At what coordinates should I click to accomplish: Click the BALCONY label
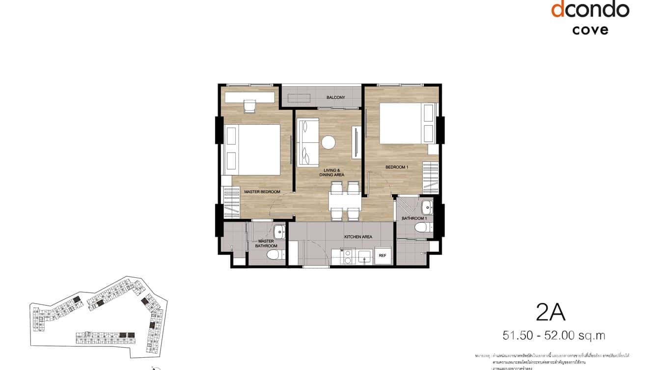[x=336, y=98]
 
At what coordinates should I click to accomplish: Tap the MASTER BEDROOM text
[x=262, y=191]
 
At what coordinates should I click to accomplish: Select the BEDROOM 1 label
[x=397, y=167]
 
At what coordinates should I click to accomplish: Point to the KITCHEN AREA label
[x=358, y=237]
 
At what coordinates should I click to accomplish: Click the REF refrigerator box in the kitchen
[x=382, y=256]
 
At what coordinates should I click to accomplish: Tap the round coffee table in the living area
[x=328, y=142]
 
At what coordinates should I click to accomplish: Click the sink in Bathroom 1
[x=426, y=205]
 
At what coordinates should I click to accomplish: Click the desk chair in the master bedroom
[x=250, y=106]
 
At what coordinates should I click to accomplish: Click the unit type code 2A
[x=550, y=312]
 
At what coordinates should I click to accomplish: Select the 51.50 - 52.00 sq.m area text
[x=553, y=336]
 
